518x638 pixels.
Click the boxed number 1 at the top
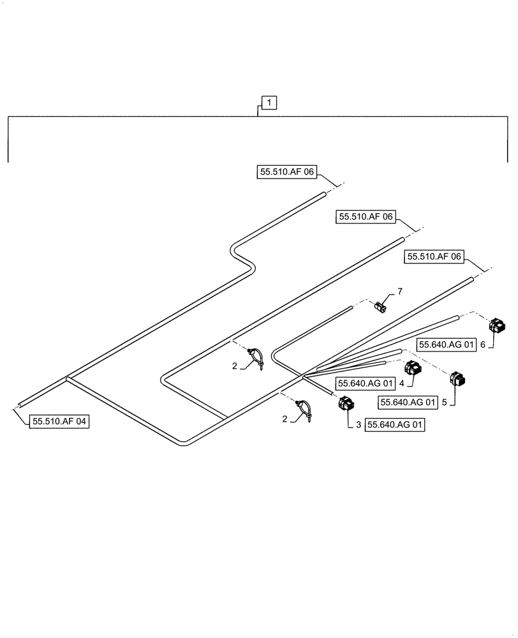point(269,102)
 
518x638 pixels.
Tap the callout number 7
point(400,292)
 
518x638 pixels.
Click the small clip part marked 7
point(381,307)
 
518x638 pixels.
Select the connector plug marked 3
point(346,404)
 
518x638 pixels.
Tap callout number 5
point(445,403)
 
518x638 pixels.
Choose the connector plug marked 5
point(457,380)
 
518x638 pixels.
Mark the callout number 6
point(483,344)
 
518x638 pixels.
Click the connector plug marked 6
point(496,326)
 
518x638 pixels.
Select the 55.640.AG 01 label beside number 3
point(394,424)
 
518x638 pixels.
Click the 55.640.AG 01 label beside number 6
point(447,345)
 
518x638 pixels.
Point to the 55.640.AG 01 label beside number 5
point(408,403)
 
